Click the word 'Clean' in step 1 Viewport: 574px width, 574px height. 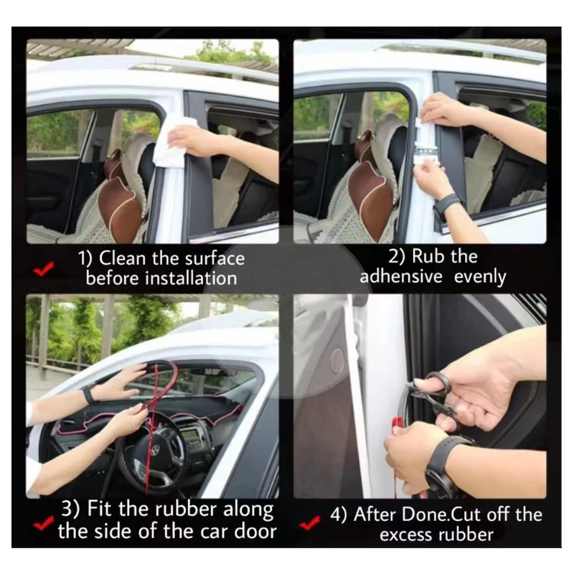[x=122, y=258]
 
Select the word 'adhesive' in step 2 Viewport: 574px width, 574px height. [x=401, y=276]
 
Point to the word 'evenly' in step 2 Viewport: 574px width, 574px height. [x=480, y=278]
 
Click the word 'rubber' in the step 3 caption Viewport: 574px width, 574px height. [x=188, y=509]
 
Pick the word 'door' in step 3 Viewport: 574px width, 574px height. [x=255, y=531]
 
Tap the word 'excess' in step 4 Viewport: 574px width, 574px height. [x=405, y=535]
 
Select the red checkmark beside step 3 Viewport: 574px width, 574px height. [x=43, y=524]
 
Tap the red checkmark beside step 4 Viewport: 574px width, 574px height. [x=309, y=524]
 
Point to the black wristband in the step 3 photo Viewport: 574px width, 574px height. [x=88, y=394]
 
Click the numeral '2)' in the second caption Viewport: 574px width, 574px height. [x=397, y=256]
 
